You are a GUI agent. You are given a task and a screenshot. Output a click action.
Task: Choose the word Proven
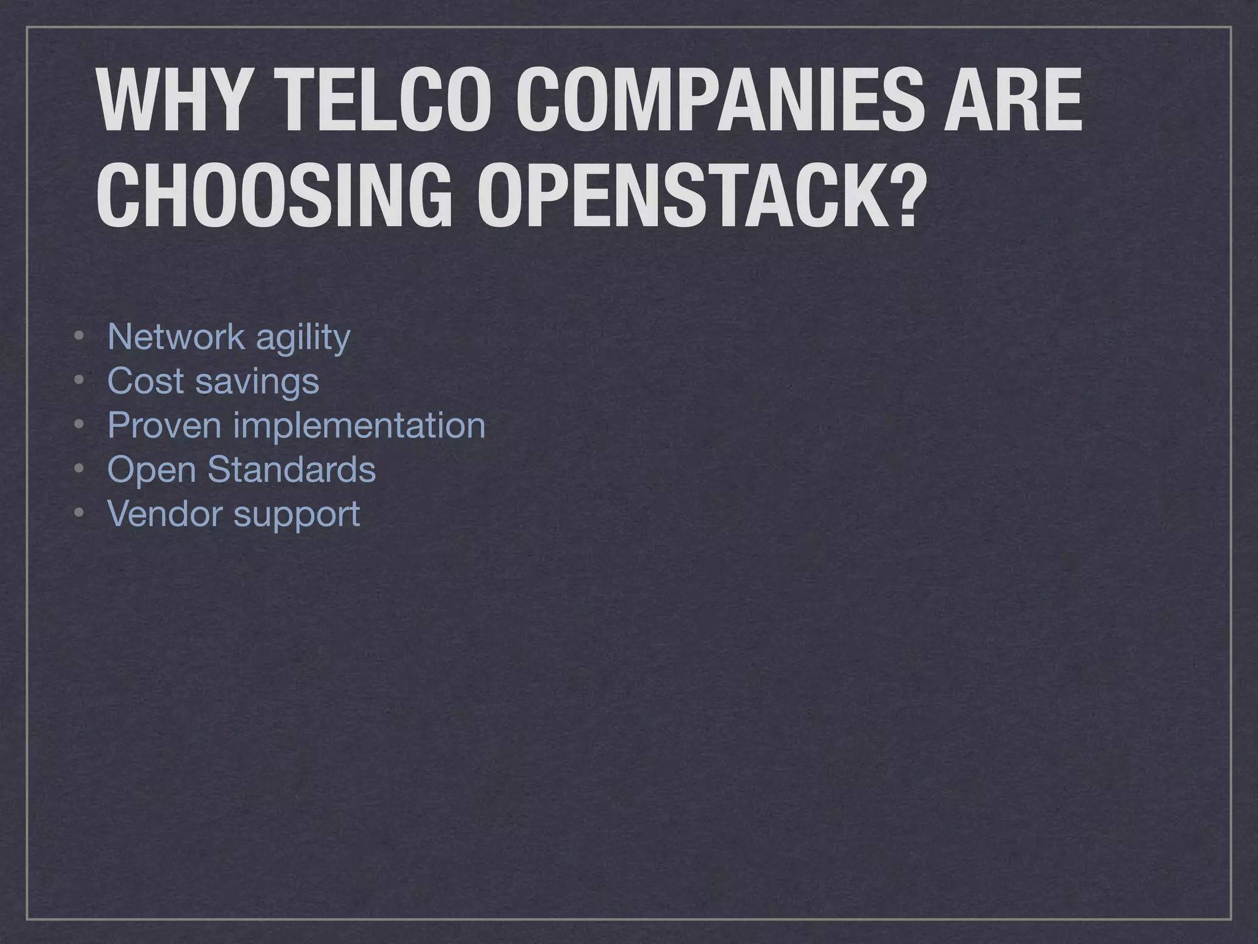tap(164, 425)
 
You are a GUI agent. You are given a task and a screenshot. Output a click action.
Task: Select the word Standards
tap(291, 470)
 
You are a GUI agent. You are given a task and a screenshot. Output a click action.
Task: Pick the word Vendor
tap(164, 514)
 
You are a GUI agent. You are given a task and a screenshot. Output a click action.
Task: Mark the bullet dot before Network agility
tap(78, 337)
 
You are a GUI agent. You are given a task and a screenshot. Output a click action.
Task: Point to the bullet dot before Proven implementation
tap(78, 426)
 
